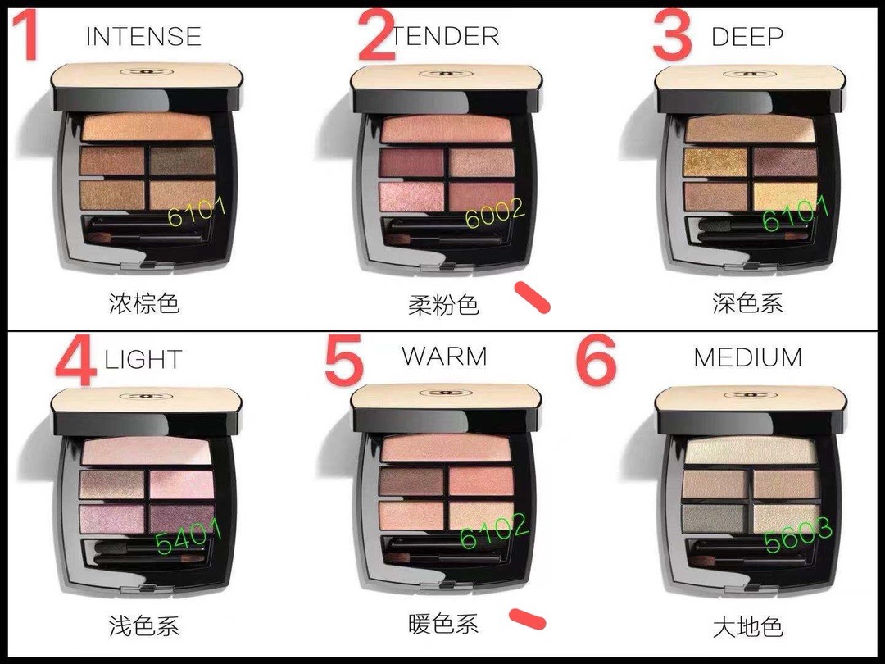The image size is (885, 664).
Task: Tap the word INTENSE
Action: coord(143,37)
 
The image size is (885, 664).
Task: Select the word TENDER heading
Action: coord(446,37)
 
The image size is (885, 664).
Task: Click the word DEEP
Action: coord(747,37)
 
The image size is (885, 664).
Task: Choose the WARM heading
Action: coord(444,357)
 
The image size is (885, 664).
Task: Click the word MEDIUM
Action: coord(748,357)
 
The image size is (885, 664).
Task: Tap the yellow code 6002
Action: coord(494,213)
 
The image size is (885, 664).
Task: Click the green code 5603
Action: coord(798,535)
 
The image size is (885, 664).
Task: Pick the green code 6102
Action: coord(494,530)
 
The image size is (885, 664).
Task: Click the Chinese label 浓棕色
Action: coord(144,304)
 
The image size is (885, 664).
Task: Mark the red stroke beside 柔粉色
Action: coord(533,298)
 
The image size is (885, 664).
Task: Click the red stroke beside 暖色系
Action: coord(527,619)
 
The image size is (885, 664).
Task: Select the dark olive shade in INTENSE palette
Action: coord(182,161)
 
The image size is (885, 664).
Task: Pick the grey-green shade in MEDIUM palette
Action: coord(714,518)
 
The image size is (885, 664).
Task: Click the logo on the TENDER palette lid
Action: coord(446,74)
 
